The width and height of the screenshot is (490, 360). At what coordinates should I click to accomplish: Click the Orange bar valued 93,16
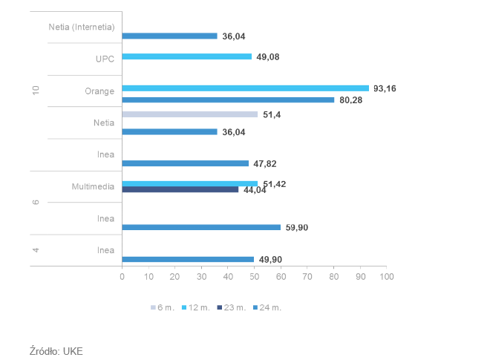pyautogui.click(x=245, y=88)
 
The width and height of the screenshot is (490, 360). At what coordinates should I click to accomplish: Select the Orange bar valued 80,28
pyautogui.click(x=228, y=99)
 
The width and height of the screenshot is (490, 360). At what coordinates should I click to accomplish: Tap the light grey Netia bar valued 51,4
pyautogui.click(x=190, y=114)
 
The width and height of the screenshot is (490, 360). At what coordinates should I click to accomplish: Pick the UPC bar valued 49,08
pyautogui.click(x=186, y=56)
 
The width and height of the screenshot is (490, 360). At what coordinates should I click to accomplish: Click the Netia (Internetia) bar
pyautogui.click(x=169, y=36)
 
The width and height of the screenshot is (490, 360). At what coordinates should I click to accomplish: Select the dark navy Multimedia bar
pyautogui.click(x=180, y=189)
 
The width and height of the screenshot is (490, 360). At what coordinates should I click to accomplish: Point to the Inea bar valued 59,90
pyautogui.click(x=201, y=227)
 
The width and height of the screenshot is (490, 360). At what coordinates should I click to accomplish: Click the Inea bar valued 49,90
pyautogui.click(x=188, y=259)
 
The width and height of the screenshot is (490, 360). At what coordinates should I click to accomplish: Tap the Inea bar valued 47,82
pyautogui.click(x=185, y=163)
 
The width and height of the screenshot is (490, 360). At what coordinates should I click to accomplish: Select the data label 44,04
pyautogui.click(x=254, y=190)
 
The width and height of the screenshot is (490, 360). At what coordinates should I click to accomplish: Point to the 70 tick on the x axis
pyautogui.click(x=307, y=277)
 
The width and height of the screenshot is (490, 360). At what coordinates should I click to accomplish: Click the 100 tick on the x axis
pyautogui.click(x=387, y=277)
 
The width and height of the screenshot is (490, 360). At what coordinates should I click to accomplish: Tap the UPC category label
pyautogui.click(x=105, y=59)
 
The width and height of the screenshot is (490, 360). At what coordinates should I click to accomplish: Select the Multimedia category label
pyautogui.click(x=94, y=186)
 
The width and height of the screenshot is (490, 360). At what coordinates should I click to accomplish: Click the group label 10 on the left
pyautogui.click(x=35, y=91)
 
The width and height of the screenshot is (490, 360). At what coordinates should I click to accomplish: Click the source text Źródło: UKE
pyautogui.click(x=56, y=350)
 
